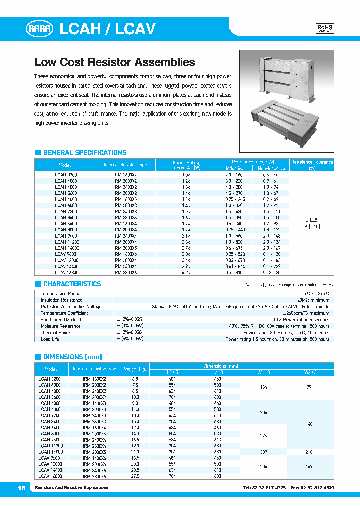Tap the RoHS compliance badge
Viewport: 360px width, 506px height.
point(325,29)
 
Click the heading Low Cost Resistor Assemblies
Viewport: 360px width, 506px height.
point(114,63)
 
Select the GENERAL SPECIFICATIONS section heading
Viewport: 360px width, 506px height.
point(84,153)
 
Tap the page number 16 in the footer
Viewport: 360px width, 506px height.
point(21,487)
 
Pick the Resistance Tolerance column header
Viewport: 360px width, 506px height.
point(312,165)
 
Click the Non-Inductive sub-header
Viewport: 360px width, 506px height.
point(272,169)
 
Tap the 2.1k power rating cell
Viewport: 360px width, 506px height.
point(186,235)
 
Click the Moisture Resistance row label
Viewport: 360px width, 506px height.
point(60,326)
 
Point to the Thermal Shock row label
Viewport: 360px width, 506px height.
point(56,333)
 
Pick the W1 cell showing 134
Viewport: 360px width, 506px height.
point(264,386)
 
